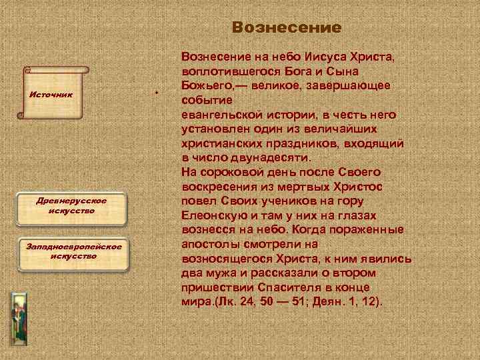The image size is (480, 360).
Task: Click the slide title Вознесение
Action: click(287, 28)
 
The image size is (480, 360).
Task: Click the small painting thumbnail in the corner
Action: click(18, 316)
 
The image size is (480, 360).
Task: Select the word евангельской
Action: click(224, 115)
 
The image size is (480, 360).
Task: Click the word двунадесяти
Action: click(271, 157)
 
